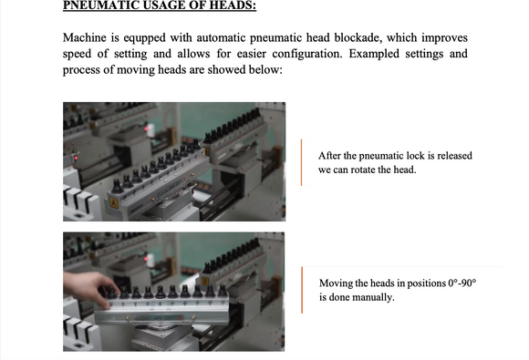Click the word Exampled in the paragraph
(x=374, y=55)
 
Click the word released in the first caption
(x=455, y=156)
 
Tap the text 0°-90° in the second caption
(x=462, y=283)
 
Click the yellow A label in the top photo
(x=114, y=203)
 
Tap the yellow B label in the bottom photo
(x=205, y=281)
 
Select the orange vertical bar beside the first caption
(x=301, y=162)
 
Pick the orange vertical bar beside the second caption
(x=302, y=290)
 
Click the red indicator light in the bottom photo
(x=146, y=259)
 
